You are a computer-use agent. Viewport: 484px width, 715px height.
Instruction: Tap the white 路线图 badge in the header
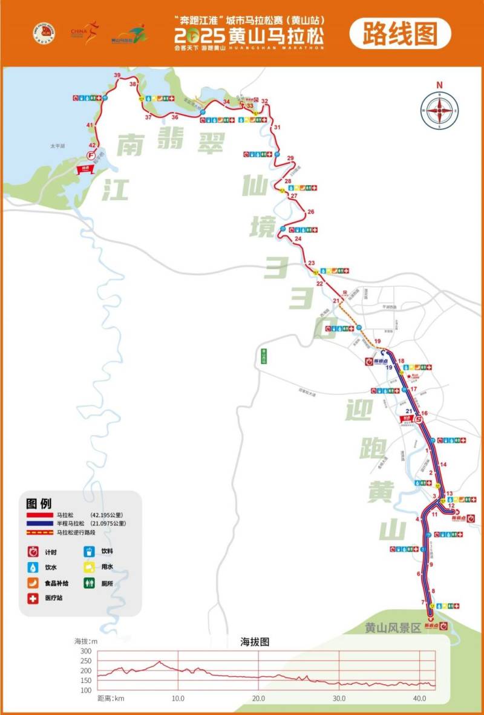point(400,34)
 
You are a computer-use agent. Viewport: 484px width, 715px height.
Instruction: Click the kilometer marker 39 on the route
point(117,74)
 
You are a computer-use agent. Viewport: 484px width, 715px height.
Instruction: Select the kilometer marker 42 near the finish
point(92,146)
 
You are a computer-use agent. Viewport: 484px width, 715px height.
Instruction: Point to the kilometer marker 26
point(311,212)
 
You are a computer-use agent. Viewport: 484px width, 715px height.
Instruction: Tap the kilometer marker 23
point(312,263)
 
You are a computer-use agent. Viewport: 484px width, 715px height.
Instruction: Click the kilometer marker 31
point(277,128)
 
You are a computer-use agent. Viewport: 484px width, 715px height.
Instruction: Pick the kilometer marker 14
point(443,464)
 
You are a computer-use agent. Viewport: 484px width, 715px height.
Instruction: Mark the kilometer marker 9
point(431,564)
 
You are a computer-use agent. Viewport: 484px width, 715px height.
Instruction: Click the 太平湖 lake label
point(58,146)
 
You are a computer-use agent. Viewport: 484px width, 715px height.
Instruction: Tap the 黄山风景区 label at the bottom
point(393,628)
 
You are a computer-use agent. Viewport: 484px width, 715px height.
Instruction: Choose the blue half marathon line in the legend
point(39,523)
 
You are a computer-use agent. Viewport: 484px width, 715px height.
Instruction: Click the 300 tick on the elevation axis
point(85,651)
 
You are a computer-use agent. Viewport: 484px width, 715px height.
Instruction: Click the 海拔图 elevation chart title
point(255,642)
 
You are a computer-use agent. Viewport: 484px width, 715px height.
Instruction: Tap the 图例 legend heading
point(39,503)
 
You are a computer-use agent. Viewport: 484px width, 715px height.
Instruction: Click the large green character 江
point(114,189)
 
